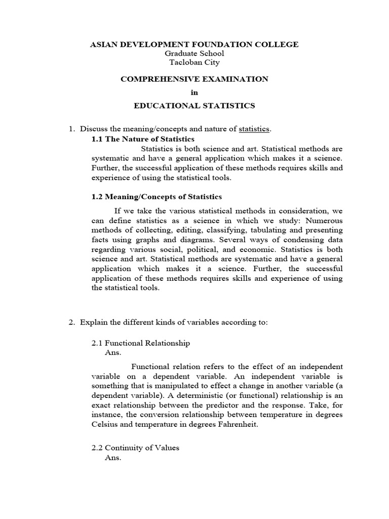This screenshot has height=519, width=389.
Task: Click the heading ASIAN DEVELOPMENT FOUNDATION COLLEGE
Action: pos(194,45)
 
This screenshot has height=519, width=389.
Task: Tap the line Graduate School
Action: pos(194,54)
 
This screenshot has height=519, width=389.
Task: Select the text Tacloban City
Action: pos(194,62)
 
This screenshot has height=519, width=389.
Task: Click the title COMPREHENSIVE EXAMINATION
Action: pos(194,79)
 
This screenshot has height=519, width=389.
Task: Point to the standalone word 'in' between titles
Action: pos(194,92)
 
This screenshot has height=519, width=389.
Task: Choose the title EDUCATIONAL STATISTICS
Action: pos(194,105)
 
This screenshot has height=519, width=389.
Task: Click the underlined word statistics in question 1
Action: pos(254,129)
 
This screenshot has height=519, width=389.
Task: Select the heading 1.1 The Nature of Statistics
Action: pos(143,139)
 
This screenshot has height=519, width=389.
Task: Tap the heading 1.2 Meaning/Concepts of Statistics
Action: pos(157,197)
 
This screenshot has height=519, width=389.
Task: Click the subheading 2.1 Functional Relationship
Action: pos(140,343)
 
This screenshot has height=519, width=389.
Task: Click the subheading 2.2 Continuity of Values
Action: pos(135,448)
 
